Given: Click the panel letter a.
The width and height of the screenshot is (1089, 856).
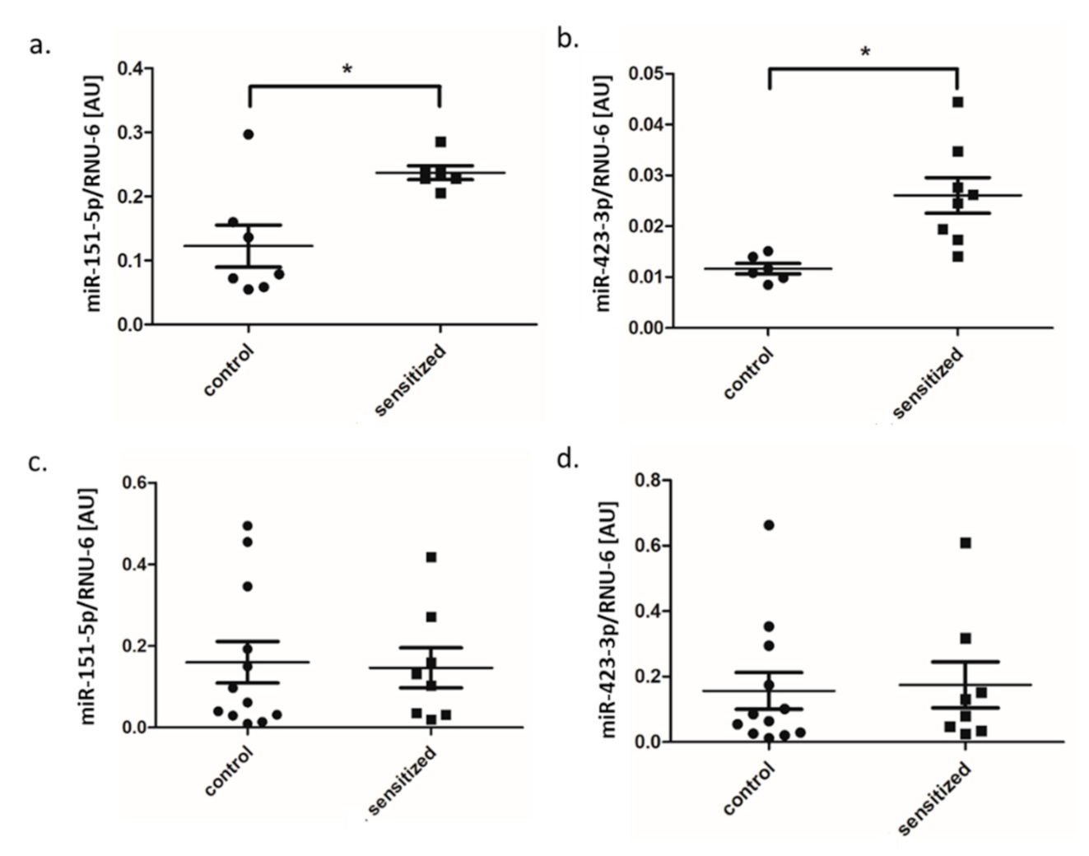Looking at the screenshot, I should point(39,45).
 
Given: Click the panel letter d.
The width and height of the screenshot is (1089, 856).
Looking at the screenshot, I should point(567,458).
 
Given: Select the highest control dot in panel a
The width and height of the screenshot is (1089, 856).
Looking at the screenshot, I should point(249,134).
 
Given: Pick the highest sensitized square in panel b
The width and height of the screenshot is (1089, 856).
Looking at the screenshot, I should point(957,102).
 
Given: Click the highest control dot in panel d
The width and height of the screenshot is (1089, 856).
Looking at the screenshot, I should point(769,525).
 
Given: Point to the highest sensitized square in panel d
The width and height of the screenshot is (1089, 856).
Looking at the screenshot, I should point(966,542).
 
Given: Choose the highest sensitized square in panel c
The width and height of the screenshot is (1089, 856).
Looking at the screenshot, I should point(430,557).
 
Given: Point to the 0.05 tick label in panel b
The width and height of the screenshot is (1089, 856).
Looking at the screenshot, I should point(646,75).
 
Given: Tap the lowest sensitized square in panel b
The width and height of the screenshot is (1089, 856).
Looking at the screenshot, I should point(957,256).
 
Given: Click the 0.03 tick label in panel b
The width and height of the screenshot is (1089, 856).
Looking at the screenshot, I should point(646,175).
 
